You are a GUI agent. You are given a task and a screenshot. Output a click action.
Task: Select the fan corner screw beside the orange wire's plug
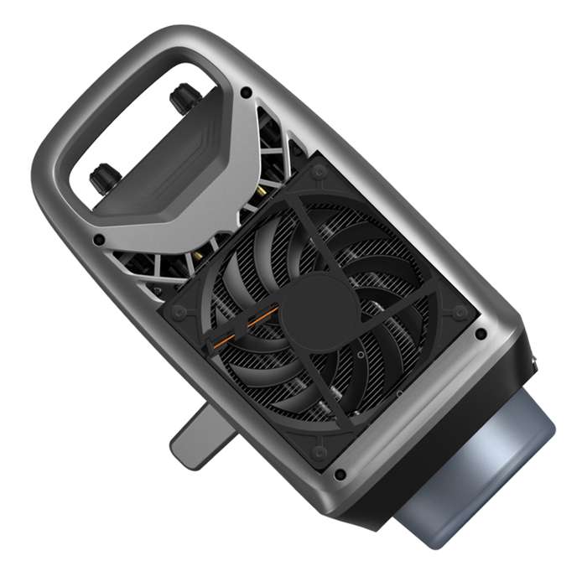tap(179, 312)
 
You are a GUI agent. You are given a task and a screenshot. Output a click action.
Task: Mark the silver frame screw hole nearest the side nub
tap(481, 333)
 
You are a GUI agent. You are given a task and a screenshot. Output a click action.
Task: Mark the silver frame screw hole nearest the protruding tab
tap(340, 475)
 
